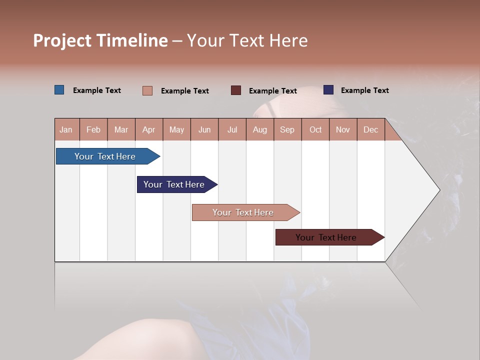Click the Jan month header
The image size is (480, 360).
pyautogui.click(x=66, y=129)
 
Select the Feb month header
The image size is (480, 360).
pyautogui.click(x=93, y=129)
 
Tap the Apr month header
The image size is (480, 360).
pyautogui.click(x=149, y=129)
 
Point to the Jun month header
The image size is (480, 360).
pyautogui.click(x=204, y=129)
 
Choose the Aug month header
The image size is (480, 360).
pyautogui.click(x=260, y=129)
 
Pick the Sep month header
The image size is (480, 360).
pyautogui.click(x=287, y=129)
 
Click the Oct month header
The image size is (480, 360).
pyautogui.click(x=315, y=129)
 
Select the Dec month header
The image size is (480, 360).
pyautogui.click(x=371, y=129)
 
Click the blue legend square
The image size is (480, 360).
pyautogui.click(x=59, y=90)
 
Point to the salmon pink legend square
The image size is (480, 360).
pyautogui.click(x=147, y=90)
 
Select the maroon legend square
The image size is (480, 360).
pyautogui.click(x=236, y=90)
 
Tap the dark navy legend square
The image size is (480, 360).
pyautogui.click(x=328, y=90)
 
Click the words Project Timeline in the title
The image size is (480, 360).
pyautogui.click(x=100, y=40)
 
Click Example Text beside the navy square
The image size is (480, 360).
pyautogui.click(x=364, y=90)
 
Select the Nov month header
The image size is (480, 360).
pyautogui.click(x=343, y=129)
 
